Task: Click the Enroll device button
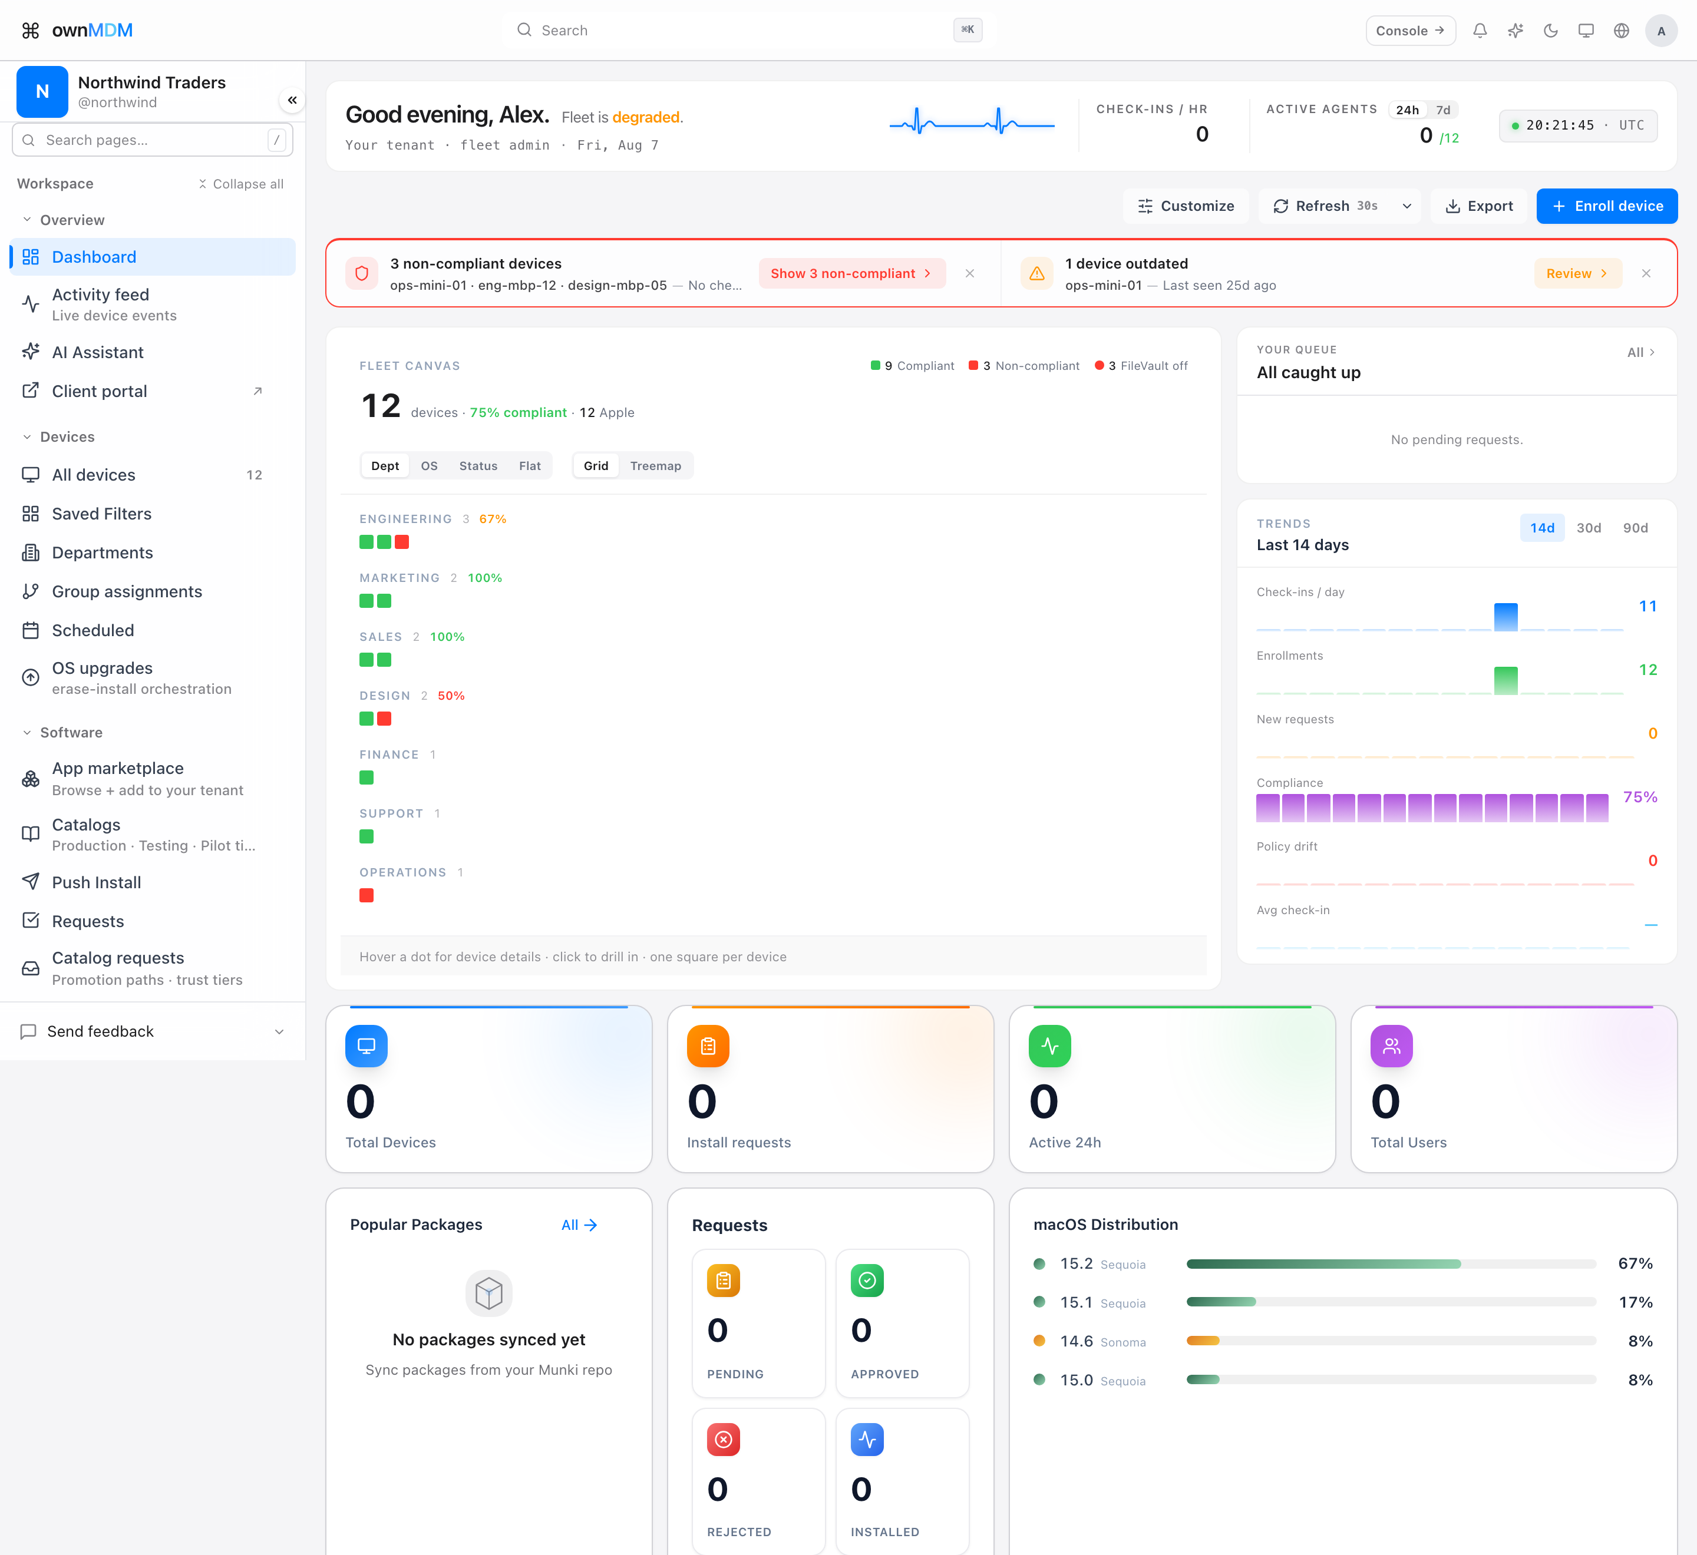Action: (1606, 206)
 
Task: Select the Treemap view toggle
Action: (656, 466)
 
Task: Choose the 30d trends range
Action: (1589, 528)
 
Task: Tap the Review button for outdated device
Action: (1577, 273)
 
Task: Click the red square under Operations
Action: (366, 895)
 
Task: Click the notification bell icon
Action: (1480, 30)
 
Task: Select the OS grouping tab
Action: (430, 466)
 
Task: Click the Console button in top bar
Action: (1410, 30)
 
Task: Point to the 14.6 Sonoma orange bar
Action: (1203, 1341)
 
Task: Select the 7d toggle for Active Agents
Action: (1443, 110)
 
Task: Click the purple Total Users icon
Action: (1391, 1046)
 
